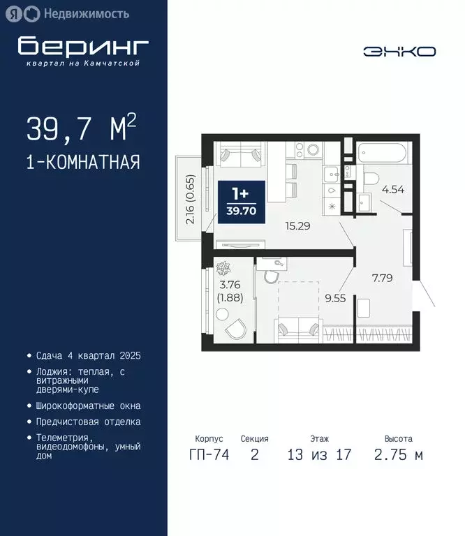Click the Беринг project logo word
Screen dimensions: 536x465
click(83, 46)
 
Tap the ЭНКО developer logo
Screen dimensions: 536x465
click(399, 51)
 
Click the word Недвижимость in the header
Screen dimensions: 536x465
click(86, 13)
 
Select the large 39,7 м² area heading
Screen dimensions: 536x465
click(81, 128)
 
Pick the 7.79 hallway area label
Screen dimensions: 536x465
click(383, 277)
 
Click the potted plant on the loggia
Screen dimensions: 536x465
click(223, 268)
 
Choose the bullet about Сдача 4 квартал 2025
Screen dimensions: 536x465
click(84, 355)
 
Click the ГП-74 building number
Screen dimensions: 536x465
click(209, 456)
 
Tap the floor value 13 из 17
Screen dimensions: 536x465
click(319, 456)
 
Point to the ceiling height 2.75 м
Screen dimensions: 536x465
click(398, 456)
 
